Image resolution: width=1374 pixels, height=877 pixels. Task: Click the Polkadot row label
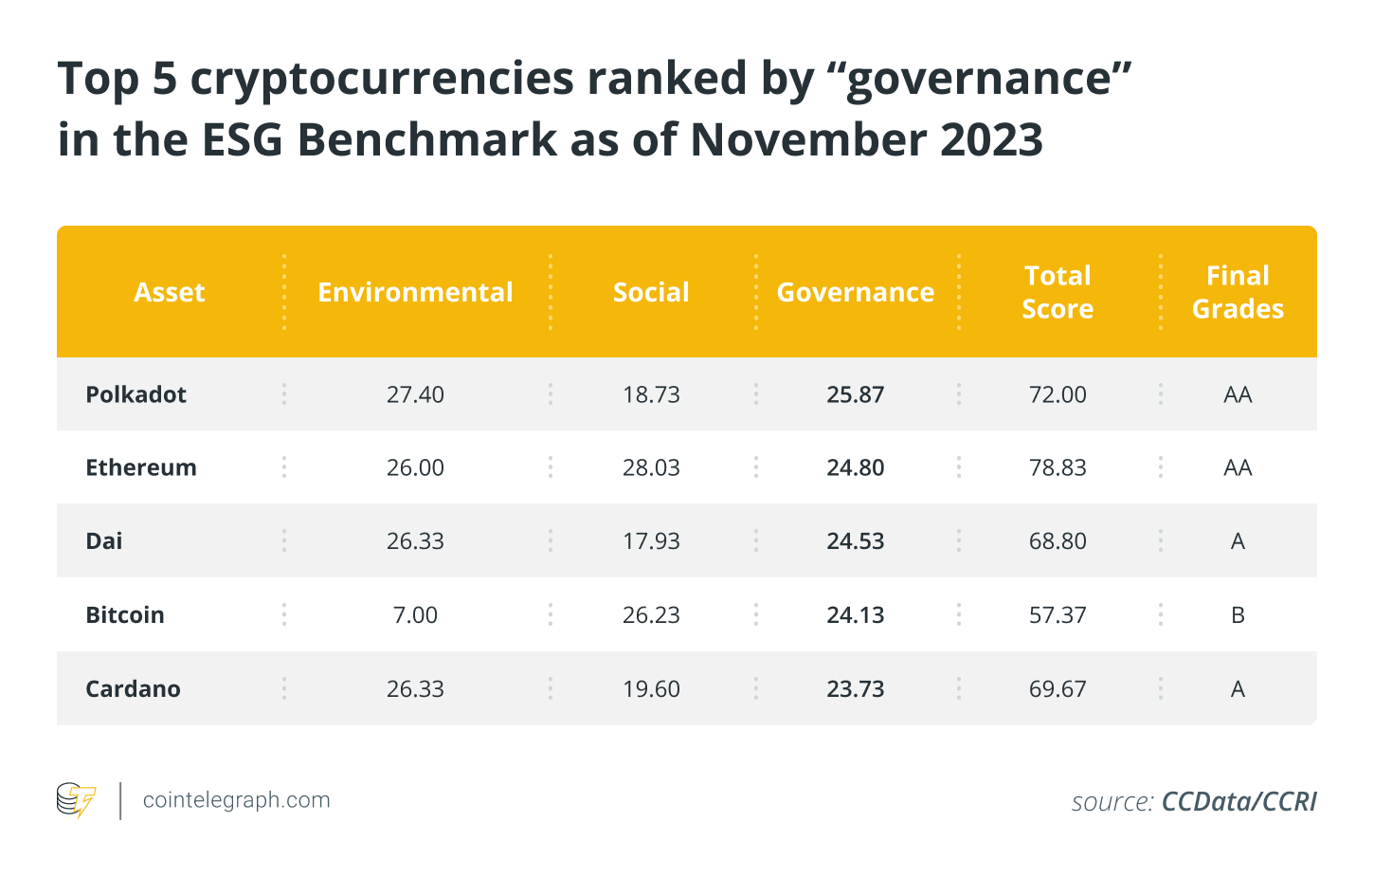tap(136, 394)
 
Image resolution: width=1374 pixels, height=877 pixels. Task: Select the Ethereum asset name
tap(141, 467)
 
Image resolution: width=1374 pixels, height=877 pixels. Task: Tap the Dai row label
tap(103, 540)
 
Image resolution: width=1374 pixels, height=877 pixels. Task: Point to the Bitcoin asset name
tap(125, 614)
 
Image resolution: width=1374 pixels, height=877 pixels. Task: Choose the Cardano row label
tap(133, 688)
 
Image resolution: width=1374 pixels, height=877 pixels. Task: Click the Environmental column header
tap(415, 292)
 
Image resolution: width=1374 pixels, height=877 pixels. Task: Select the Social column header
tap(651, 292)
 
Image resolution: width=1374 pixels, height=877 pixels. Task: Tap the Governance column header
tap(855, 292)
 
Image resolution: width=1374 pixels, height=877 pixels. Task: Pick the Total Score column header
tap(1058, 292)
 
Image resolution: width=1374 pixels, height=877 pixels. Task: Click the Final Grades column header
tap(1238, 292)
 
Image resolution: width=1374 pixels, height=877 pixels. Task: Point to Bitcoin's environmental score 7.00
tap(415, 614)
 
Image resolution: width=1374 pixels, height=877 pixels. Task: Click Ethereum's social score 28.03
tap(651, 467)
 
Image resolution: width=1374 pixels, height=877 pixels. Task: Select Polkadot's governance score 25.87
tap(855, 394)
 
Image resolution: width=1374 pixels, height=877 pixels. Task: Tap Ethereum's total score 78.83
tap(1058, 467)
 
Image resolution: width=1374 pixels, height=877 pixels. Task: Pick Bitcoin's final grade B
tap(1238, 614)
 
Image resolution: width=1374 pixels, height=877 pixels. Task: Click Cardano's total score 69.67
tap(1058, 688)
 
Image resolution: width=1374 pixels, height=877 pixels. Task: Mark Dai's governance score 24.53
tap(855, 540)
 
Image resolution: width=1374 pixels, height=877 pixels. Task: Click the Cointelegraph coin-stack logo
tap(76, 799)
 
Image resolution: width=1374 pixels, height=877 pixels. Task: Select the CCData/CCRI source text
tap(1239, 801)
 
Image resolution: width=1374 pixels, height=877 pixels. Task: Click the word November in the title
tap(807, 140)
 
